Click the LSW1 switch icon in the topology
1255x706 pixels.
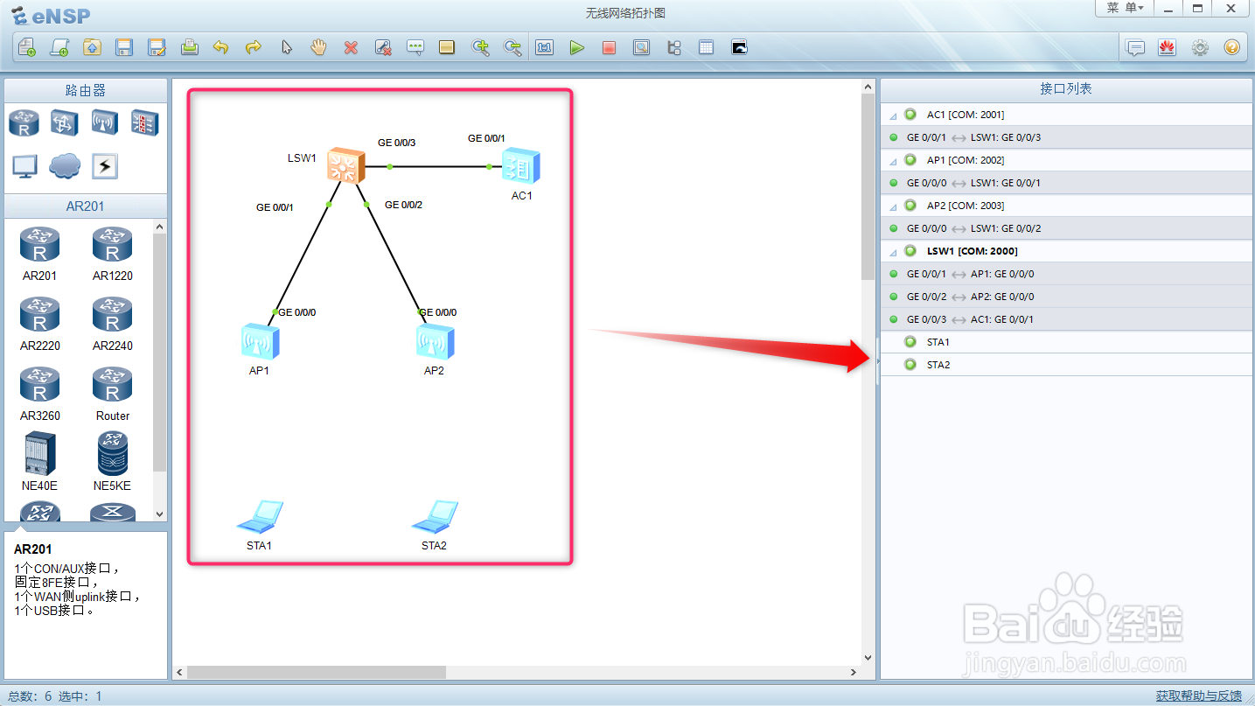click(346, 165)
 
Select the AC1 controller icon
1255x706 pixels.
click(520, 165)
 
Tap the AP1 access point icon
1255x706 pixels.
click(260, 341)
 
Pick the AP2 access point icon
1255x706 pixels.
click(435, 341)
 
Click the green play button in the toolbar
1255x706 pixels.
click(576, 47)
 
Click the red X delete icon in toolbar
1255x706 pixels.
click(351, 47)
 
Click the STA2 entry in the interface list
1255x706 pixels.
click(938, 365)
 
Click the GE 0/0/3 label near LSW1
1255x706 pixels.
click(396, 142)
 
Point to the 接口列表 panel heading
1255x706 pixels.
click(1065, 89)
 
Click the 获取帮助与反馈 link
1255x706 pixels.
click(1198, 696)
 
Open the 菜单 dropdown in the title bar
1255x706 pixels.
click(1125, 8)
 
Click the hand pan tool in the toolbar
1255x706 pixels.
click(318, 47)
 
